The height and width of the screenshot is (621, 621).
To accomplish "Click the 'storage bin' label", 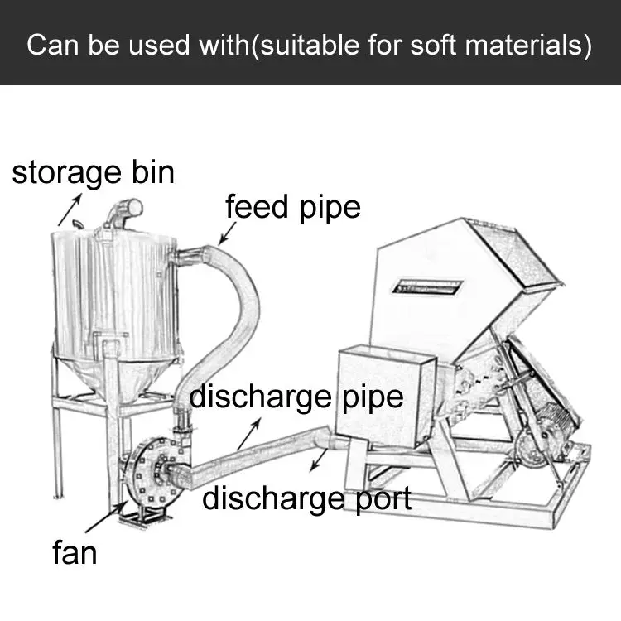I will [93, 172].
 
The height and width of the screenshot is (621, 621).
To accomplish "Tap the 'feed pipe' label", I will [293, 206].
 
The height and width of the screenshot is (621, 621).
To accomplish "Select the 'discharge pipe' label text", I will [296, 397].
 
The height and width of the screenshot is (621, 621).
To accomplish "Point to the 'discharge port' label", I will [306, 498].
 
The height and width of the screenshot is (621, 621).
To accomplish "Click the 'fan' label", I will [75, 552].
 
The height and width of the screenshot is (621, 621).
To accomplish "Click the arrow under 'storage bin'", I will [70, 209].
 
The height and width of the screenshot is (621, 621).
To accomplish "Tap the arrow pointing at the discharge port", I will [318, 460].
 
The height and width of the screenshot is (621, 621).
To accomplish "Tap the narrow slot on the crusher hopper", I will [428, 287].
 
